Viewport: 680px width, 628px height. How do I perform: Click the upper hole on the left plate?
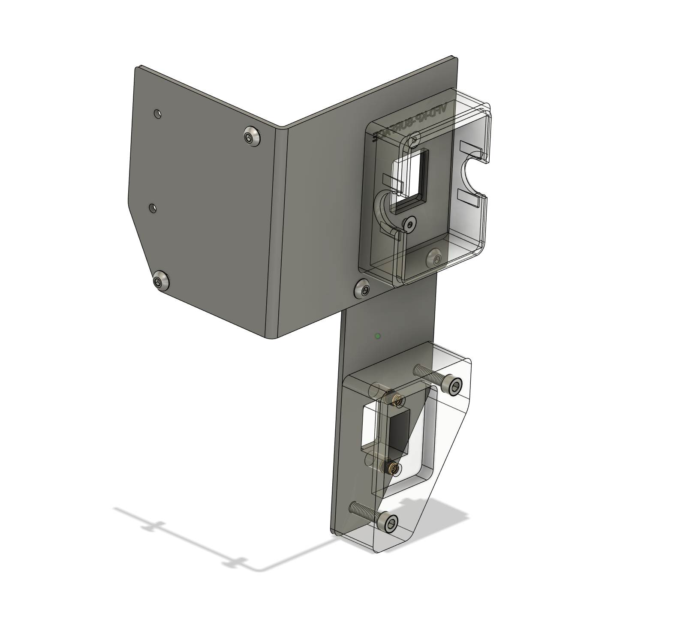point(158,114)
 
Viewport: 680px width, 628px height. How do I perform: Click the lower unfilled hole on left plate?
point(153,208)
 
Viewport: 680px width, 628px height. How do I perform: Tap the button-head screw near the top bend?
point(252,137)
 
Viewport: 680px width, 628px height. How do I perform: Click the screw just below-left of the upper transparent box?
point(363,288)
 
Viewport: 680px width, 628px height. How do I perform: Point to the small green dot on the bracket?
point(377,337)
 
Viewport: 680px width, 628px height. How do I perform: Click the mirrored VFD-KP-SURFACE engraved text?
point(409,122)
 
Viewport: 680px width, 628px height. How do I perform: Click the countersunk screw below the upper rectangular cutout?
point(410,223)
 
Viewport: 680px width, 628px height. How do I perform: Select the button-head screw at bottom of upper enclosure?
point(434,258)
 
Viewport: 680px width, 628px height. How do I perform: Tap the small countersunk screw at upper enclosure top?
point(415,139)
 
